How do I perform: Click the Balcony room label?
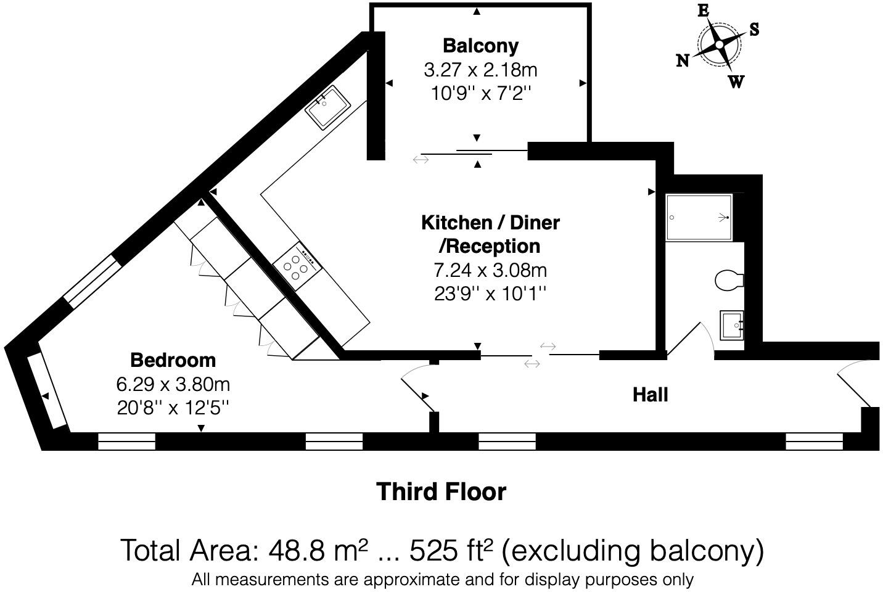click(480, 46)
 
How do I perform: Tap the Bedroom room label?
click(173, 360)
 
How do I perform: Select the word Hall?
click(650, 395)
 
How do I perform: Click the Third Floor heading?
click(441, 492)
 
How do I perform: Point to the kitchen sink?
click(327, 107)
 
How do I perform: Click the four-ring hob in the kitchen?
click(298, 266)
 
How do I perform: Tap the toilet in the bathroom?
click(729, 280)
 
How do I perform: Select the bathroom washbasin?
click(732, 325)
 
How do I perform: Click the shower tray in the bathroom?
click(699, 217)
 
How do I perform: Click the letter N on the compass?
click(683, 60)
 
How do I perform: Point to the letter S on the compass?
click(754, 29)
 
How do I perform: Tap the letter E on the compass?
click(703, 11)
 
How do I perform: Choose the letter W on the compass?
click(736, 82)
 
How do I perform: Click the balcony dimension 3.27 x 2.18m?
click(480, 70)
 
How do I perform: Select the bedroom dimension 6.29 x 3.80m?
click(173, 384)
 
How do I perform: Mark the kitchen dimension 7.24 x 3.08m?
click(490, 270)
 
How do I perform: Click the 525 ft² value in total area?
click(452, 550)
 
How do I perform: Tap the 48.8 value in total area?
click(297, 551)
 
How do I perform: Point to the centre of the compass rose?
click(720, 45)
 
